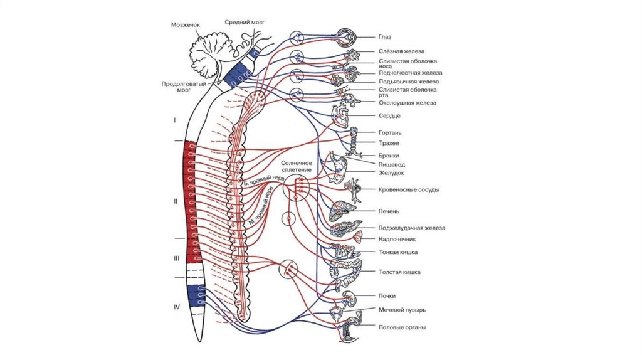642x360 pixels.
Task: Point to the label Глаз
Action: [385, 37]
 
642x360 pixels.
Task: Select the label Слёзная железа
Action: [402, 51]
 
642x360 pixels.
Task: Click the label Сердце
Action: [389, 116]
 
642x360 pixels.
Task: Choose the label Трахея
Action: [389, 144]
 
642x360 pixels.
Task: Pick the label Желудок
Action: [391, 172]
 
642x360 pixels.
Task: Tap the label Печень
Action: [389, 211]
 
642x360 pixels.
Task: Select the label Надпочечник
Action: [397, 239]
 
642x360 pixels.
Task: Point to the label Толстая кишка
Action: [399, 272]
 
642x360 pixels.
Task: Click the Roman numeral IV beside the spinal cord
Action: [177, 307]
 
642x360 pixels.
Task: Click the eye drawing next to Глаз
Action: [346, 37]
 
